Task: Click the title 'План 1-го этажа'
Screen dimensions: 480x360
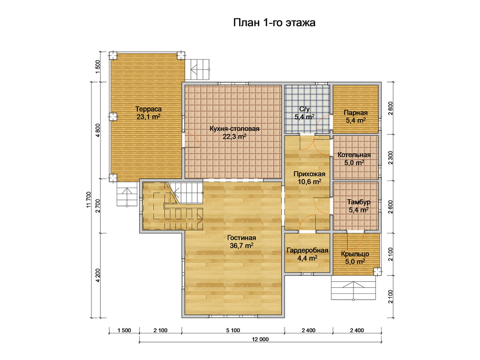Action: coord(274,22)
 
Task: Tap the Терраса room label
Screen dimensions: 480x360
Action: coord(149,109)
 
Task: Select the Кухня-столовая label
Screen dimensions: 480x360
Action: coord(234,128)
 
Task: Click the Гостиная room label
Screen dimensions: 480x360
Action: coord(241,238)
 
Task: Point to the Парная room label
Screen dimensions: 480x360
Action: coord(356,112)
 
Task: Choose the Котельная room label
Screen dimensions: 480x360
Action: coord(354,155)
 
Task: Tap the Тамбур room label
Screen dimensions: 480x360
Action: coord(359,202)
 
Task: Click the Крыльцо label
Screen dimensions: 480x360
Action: coord(355,254)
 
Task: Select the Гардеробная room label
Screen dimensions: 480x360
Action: coord(307,250)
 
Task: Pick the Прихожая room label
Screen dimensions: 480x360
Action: coord(309,174)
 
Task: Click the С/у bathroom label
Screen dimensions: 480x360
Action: coord(305,109)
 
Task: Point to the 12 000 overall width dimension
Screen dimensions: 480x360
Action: coord(260,339)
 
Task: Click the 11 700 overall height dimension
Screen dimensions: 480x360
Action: coord(89,200)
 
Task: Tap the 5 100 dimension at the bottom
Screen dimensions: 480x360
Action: coord(233,330)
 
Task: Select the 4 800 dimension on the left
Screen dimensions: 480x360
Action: coord(98,130)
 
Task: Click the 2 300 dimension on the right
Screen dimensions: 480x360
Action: coord(390,157)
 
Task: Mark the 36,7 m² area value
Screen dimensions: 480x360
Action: coord(241,246)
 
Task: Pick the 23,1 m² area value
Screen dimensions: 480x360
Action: coord(149,117)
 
